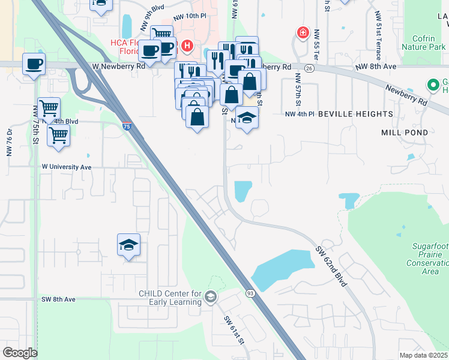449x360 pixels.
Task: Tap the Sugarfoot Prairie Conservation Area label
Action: tap(427, 259)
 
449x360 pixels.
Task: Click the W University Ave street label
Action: tap(66, 167)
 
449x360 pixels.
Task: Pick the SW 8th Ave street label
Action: tap(58, 299)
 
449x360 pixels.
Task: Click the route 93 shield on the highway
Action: tap(250, 293)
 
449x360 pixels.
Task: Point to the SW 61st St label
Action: tap(235, 331)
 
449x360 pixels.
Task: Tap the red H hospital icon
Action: tap(188, 45)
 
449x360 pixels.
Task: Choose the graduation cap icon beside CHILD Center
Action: tap(211, 296)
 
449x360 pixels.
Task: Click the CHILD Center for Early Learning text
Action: tap(170, 298)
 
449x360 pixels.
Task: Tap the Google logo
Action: tap(20, 352)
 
